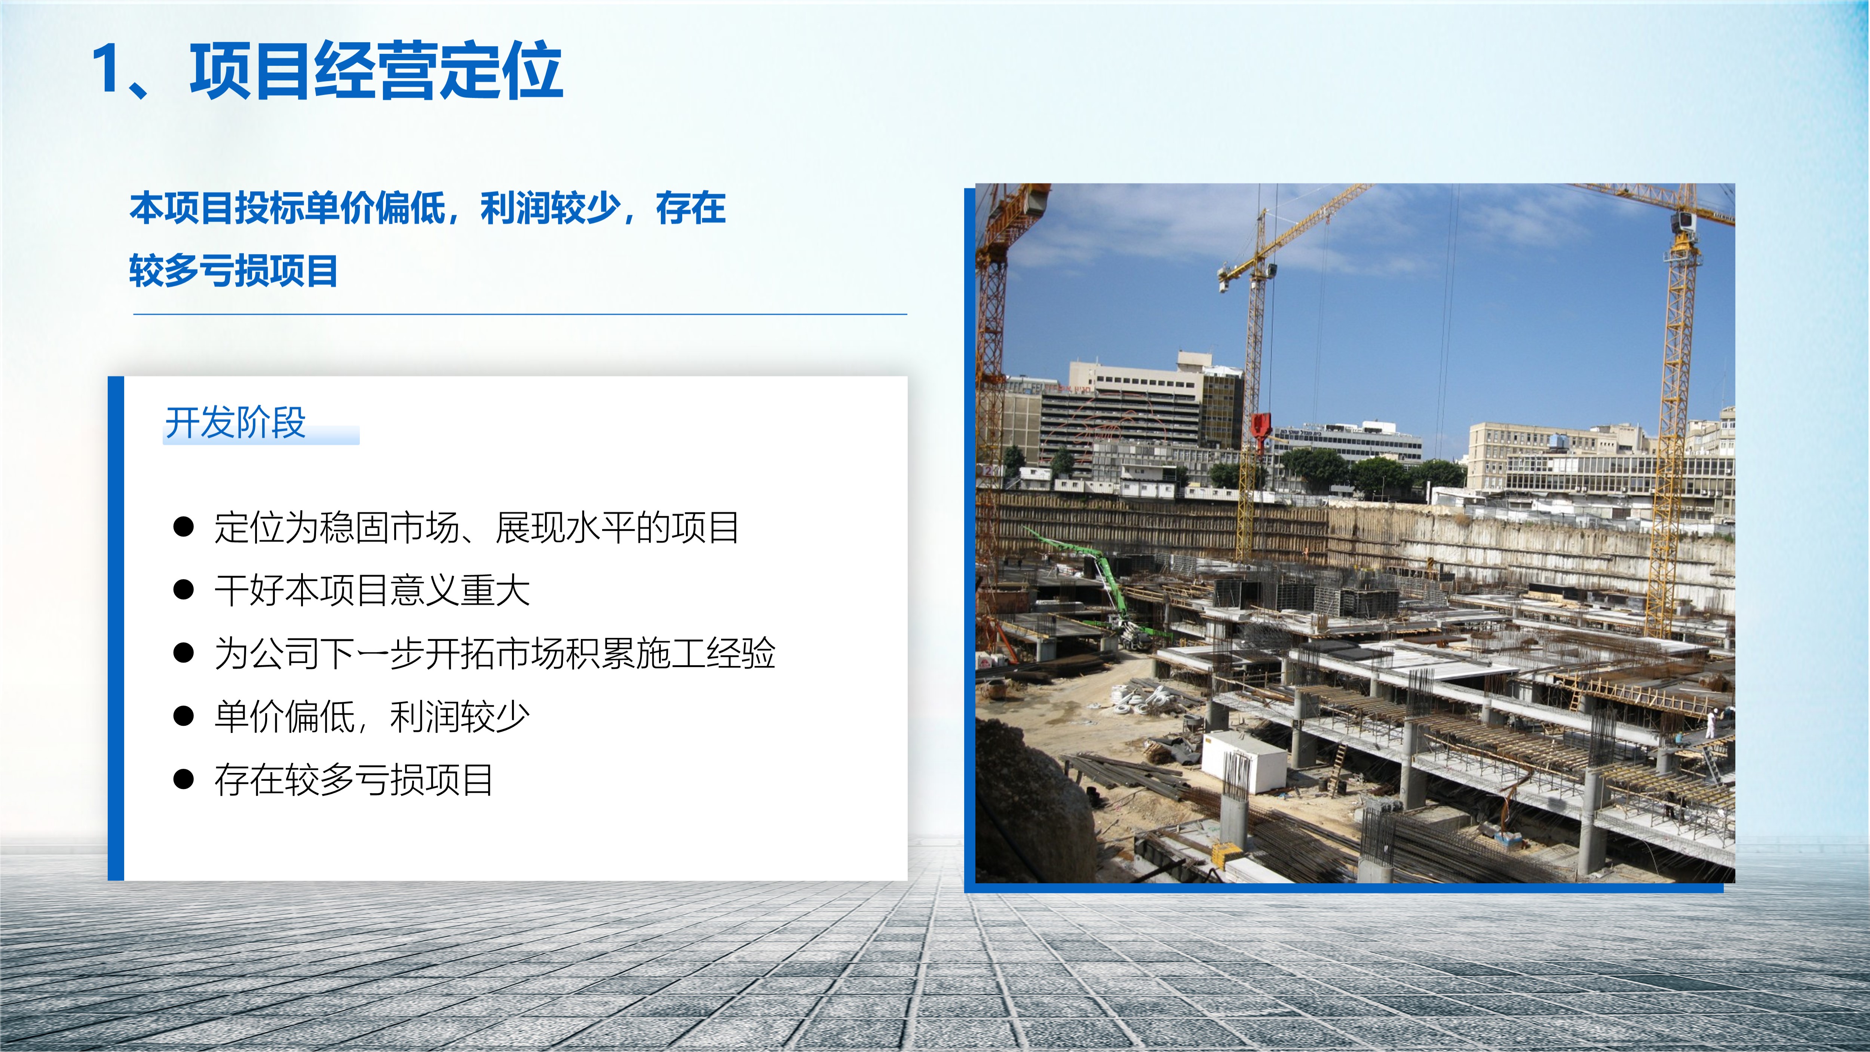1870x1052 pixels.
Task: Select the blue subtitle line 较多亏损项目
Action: [234, 271]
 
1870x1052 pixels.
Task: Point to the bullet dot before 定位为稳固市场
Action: [184, 527]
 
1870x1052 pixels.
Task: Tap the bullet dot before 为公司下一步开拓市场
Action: [184, 653]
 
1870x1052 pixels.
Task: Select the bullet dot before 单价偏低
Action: [184, 716]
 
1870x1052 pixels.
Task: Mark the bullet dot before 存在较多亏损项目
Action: [184, 779]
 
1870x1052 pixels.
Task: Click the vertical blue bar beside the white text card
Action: [116, 628]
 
